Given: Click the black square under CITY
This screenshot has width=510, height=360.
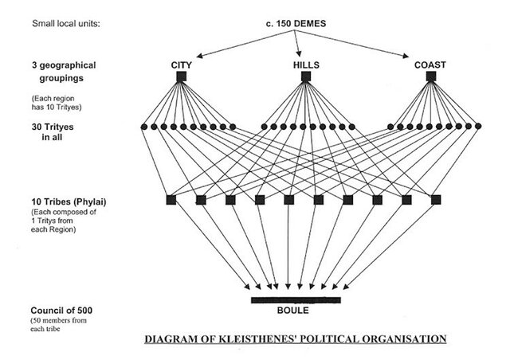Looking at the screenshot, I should (x=182, y=77).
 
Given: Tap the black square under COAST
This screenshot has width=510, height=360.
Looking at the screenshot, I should (x=431, y=77).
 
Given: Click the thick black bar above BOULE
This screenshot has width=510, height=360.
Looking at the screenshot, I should (x=296, y=300).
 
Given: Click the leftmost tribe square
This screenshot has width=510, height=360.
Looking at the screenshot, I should (x=171, y=199).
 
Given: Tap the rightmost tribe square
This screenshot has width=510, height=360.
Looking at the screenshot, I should (x=436, y=199).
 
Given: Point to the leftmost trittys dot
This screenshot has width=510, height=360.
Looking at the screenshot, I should (x=144, y=126).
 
